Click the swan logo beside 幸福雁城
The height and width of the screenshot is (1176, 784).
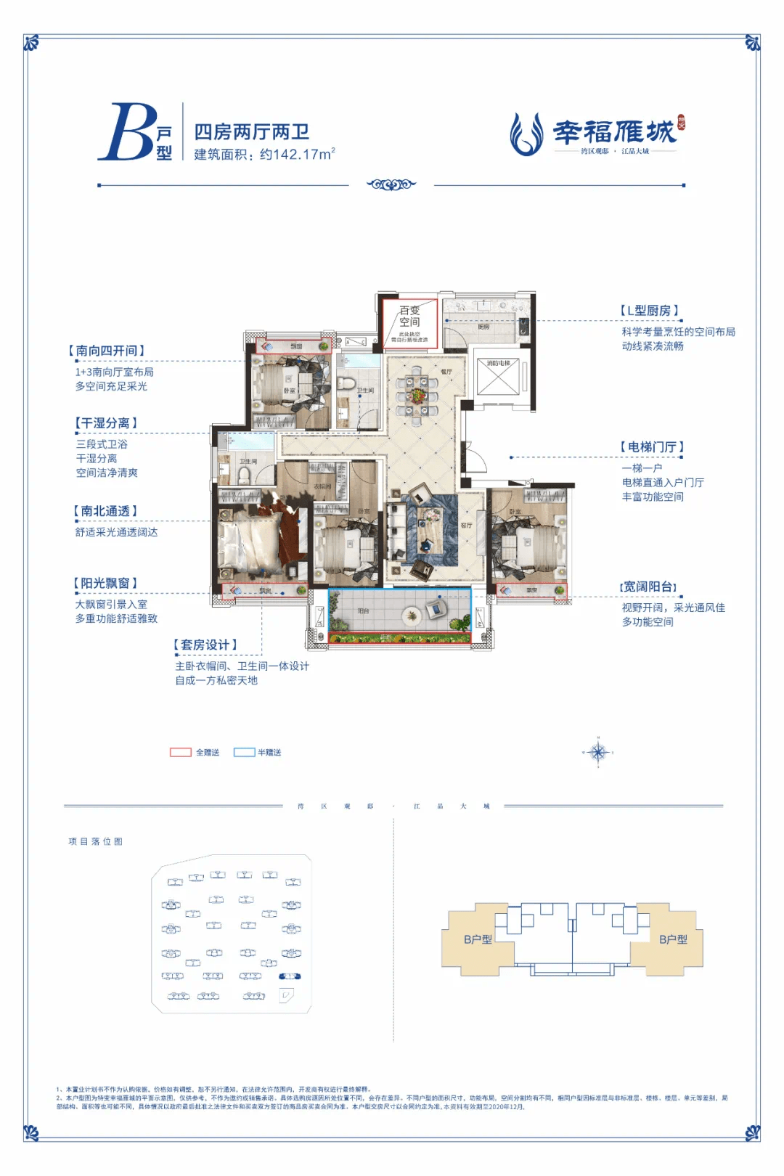tap(526, 134)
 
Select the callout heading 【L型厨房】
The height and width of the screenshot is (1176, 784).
tap(650, 311)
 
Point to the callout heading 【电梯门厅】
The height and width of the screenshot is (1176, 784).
tap(652, 447)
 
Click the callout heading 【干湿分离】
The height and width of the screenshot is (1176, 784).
tap(105, 422)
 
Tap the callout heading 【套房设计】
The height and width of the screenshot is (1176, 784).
tap(205, 645)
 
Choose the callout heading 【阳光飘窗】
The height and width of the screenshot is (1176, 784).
tap(105, 583)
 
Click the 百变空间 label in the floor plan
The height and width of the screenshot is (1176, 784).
tap(409, 316)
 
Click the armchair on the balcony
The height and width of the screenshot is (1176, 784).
tap(437, 607)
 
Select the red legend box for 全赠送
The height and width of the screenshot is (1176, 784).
tap(180, 753)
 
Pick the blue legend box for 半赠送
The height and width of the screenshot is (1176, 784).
tap(244, 753)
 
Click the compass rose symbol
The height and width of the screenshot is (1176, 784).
tap(598, 753)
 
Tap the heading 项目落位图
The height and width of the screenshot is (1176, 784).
tap(95, 841)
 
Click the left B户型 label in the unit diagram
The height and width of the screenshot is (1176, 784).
tap(478, 939)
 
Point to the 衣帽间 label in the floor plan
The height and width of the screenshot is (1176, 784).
tap(322, 486)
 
